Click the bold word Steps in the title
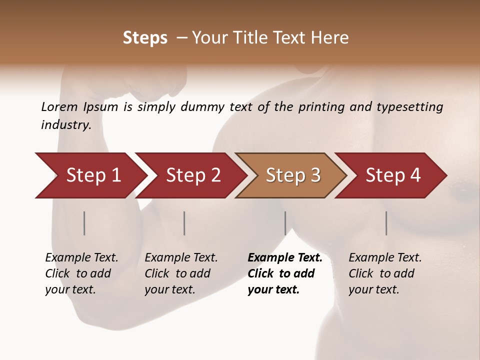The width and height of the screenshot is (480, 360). click(x=145, y=38)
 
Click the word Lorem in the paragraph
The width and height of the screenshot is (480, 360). click(x=59, y=107)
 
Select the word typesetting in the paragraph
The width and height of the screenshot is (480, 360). click(x=409, y=107)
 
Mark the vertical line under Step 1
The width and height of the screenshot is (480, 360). click(x=84, y=223)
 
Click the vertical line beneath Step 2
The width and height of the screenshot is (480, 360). click(x=184, y=223)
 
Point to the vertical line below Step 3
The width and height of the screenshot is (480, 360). click(x=285, y=223)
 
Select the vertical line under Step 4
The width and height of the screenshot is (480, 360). click(x=386, y=223)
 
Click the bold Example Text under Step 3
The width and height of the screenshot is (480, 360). click(x=285, y=258)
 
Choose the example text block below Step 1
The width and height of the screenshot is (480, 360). click(x=81, y=273)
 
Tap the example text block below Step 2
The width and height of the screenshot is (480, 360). click(x=181, y=273)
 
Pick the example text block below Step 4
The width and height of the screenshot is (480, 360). click(x=385, y=273)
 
